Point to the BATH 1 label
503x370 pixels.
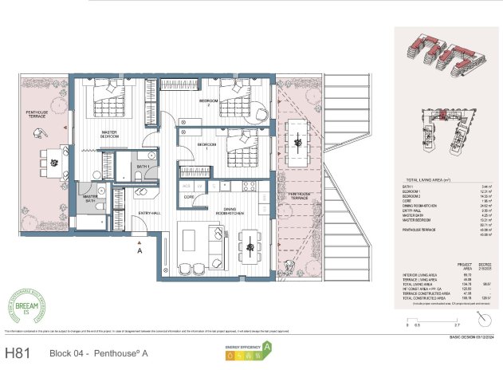pyautogui.click(x=143, y=165)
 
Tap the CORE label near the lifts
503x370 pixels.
pyautogui.click(x=189, y=196)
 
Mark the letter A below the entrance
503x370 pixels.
pyautogui.click(x=140, y=250)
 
